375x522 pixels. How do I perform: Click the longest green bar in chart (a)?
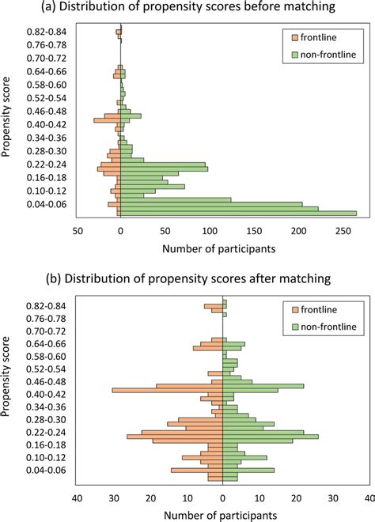point(238,213)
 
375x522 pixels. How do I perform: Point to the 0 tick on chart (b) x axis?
point(223,498)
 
